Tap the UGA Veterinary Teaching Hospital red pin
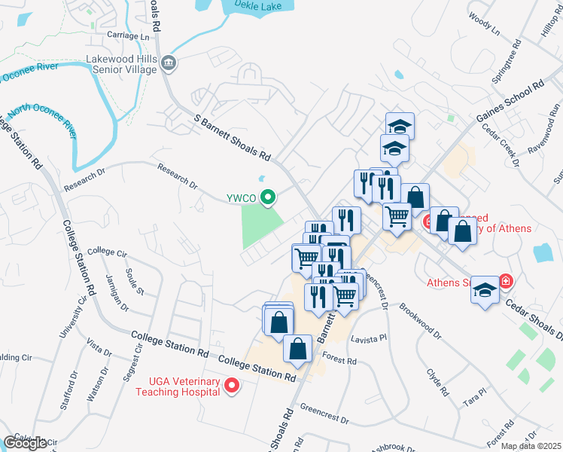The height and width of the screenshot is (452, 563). [x=232, y=386]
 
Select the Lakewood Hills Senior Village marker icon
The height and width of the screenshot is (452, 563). [x=169, y=65]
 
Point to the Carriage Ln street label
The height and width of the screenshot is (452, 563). [x=129, y=35]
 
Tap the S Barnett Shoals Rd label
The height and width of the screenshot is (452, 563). [x=232, y=138]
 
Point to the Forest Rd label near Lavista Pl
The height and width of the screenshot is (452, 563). [x=339, y=359]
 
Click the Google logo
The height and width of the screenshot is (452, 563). [x=25, y=443]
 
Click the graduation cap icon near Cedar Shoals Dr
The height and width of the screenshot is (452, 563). [x=485, y=290]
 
